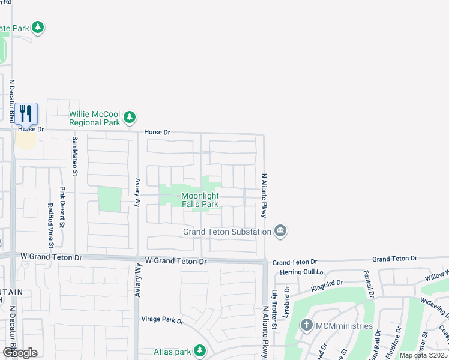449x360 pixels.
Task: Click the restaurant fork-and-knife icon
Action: click(26, 113)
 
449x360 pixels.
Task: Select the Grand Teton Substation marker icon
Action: click(280, 231)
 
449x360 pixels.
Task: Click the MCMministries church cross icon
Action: click(307, 326)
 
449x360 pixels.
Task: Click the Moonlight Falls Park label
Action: click(200, 200)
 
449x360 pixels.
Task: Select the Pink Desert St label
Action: click(62, 205)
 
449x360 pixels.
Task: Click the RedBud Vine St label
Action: click(50, 226)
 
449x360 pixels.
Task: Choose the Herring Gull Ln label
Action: click(298, 272)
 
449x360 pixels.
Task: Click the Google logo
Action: click(20, 352)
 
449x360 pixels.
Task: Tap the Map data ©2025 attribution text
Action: click(423, 355)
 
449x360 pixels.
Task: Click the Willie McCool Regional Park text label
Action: click(95, 118)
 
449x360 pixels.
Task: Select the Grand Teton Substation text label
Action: click(226, 232)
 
